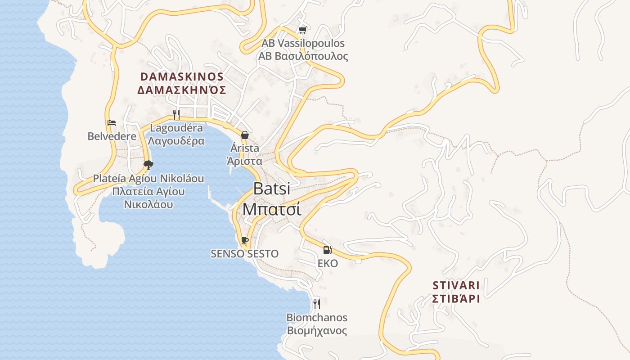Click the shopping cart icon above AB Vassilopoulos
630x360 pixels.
[302, 31]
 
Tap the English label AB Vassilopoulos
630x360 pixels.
[303, 44]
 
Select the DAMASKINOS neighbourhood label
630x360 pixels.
[182, 76]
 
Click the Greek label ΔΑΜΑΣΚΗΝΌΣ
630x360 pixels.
[182, 90]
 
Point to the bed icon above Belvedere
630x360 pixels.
[112, 122]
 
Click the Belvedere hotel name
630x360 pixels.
[112, 136]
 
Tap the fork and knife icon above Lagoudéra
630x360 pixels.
[176, 114]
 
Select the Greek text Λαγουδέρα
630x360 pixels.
[176, 141]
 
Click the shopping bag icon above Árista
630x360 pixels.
[245, 135]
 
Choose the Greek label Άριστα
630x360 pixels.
[245, 161]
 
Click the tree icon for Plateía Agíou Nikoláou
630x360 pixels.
[148, 165]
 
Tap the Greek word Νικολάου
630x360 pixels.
[148, 204]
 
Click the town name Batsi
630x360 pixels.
[272, 189]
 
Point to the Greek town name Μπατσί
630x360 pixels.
[272, 209]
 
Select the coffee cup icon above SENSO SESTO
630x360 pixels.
[244, 240]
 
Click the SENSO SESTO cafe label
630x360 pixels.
[245, 254]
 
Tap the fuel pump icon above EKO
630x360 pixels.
[328, 250]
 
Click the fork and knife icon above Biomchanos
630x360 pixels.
[317, 304]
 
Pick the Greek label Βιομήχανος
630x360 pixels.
[317, 331]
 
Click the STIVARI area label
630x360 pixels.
[456, 285]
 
